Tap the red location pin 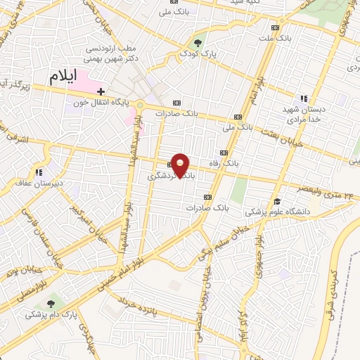click(181, 165)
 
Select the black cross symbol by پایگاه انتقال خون click(101, 91)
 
